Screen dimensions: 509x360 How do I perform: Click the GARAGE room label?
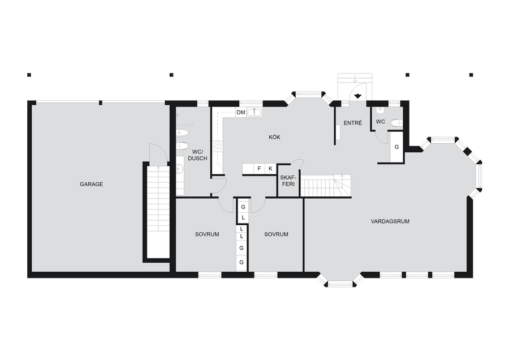pyautogui.click(x=91, y=184)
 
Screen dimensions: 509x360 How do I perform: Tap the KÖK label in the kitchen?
pyautogui.click(x=274, y=137)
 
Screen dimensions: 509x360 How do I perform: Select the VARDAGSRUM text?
pyautogui.click(x=390, y=221)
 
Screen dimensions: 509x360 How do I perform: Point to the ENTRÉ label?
pyautogui.click(x=352, y=123)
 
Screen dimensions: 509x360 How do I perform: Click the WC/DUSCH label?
pyautogui.click(x=197, y=155)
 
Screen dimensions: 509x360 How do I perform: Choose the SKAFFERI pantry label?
pyautogui.click(x=288, y=181)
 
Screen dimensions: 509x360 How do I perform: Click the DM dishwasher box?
pyautogui.click(x=241, y=113)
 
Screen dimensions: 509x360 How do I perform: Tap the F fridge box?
pyautogui.click(x=259, y=169)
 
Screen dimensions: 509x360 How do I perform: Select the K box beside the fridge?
pyautogui.click(x=270, y=169)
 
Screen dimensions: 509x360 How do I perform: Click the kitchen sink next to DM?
pyautogui.click(x=255, y=113)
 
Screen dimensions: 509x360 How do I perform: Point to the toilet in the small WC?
pyautogui.click(x=396, y=123)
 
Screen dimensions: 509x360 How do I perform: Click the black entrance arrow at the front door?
pyautogui.click(x=357, y=96)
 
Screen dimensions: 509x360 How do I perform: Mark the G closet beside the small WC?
pyautogui.click(x=396, y=147)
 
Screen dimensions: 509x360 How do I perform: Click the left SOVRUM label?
pyautogui.click(x=207, y=234)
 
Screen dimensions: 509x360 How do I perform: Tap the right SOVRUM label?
pyautogui.click(x=276, y=234)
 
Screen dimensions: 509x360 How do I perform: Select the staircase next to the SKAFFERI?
pyautogui.click(x=326, y=186)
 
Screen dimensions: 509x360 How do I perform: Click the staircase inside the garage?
pyautogui.click(x=158, y=212)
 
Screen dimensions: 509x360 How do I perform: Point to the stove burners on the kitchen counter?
pyautogui.click(x=218, y=146)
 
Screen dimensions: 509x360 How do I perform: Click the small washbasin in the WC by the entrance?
pyautogui.click(x=380, y=110)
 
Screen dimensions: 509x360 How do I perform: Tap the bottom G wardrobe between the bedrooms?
pyautogui.click(x=241, y=262)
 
